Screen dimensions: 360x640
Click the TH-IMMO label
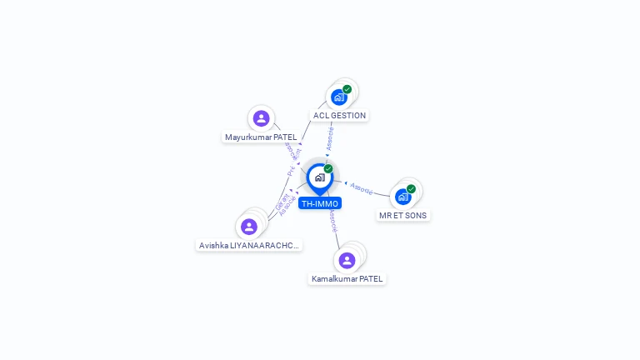tap(320, 203)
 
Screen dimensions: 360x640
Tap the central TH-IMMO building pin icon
tap(319, 177)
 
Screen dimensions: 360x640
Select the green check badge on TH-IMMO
tap(328, 168)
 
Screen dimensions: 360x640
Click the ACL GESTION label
tap(339, 116)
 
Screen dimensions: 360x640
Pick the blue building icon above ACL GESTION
tap(338, 97)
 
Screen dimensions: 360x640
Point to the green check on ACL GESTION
tap(347, 89)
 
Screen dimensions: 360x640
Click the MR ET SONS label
tap(403, 215)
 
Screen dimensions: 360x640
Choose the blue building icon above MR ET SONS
tap(402, 197)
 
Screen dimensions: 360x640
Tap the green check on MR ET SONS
tap(411, 189)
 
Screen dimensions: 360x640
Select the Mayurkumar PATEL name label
tap(261, 137)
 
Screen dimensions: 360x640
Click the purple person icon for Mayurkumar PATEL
tap(261, 118)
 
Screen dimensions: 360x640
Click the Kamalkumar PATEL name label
tap(347, 278)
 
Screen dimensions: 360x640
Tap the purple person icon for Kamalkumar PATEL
tap(347, 260)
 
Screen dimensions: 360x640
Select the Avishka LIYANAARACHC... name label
tap(249, 245)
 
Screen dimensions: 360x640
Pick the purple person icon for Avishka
tap(249, 226)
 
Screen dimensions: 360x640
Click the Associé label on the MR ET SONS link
tap(362, 188)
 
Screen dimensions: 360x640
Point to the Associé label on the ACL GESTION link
tap(331, 137)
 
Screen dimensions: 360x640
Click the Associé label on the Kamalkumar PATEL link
tap(332, 221)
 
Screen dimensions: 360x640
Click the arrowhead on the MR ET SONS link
tap(346, 182)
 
